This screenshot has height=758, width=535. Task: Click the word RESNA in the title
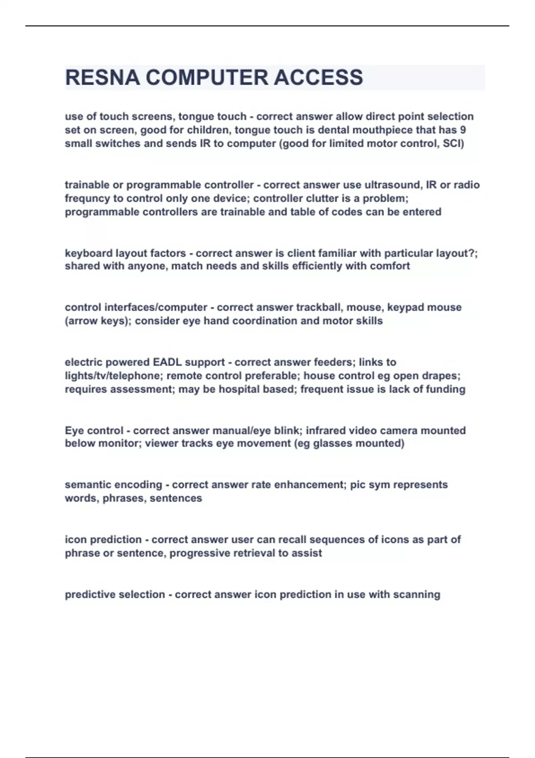tap(102, 78)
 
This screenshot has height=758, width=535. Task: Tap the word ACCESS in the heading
tap(318, 78)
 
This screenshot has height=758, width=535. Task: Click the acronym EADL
tap(167, 362)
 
